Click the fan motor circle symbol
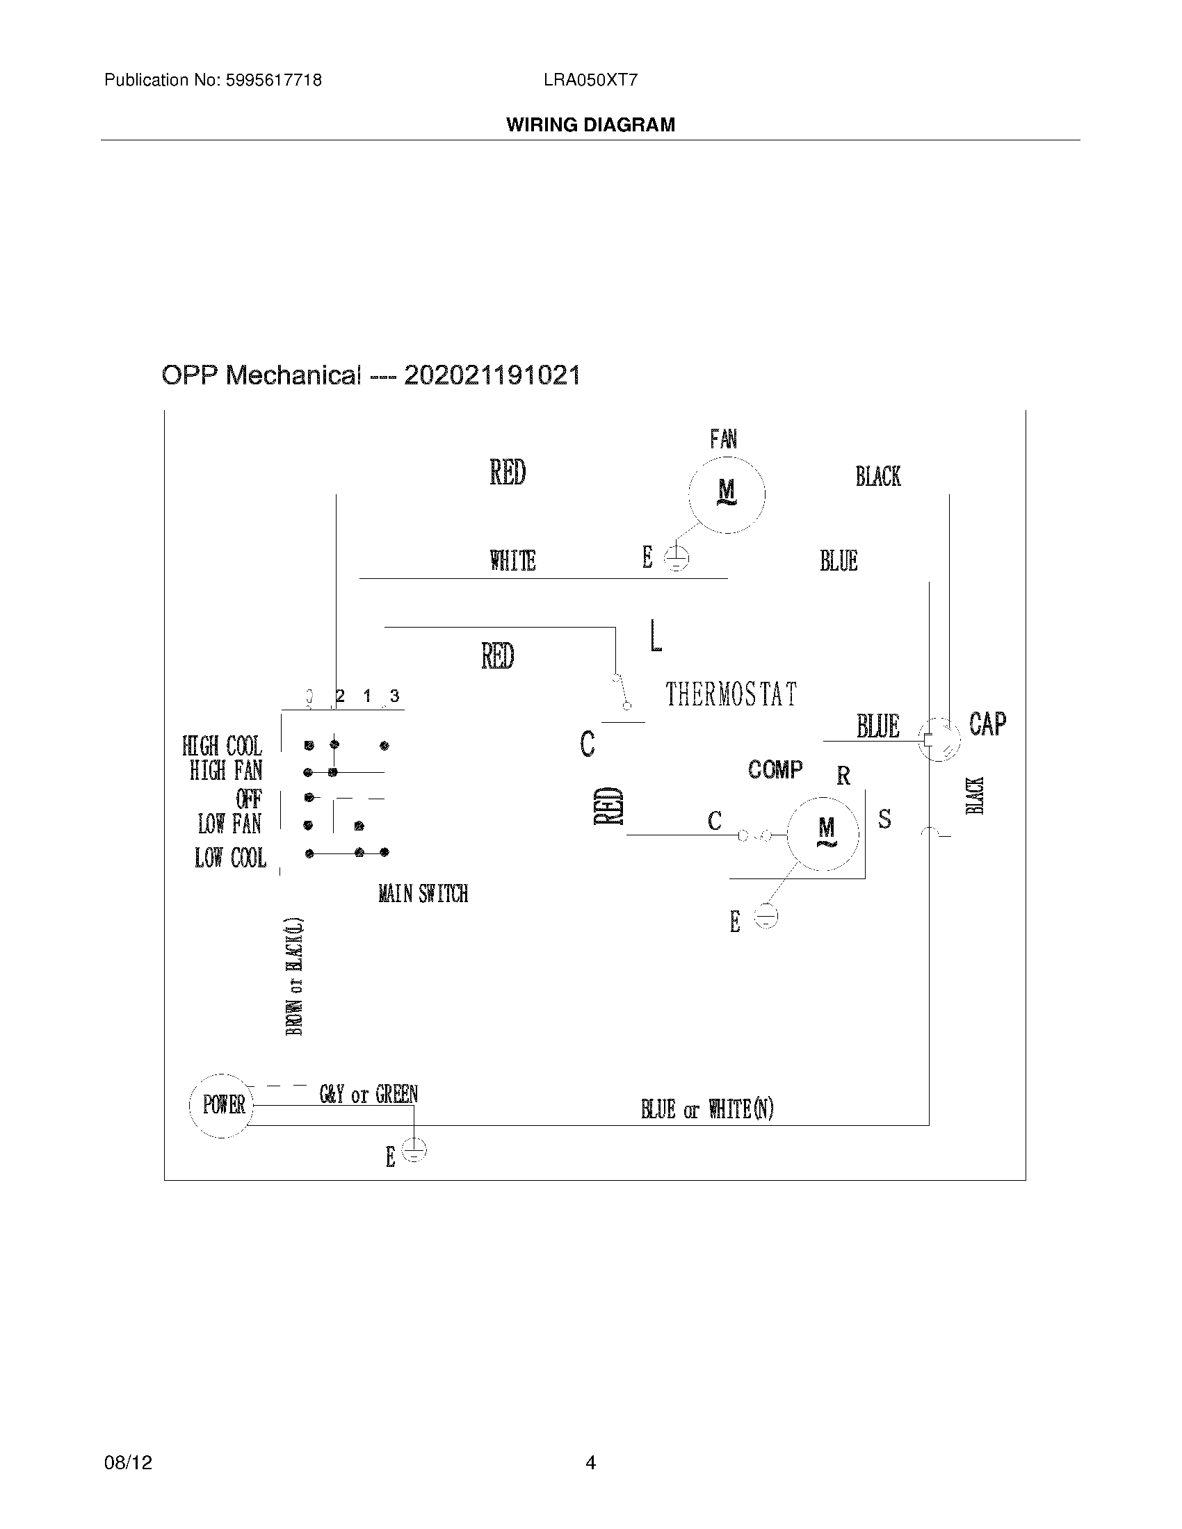pos(727,495)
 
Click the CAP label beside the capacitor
pos(987,724)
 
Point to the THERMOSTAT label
pos(731,694)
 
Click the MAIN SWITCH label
pos(423,894)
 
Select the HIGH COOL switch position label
pos(222,746)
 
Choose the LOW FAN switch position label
pos(229,824)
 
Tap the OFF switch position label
pos(249,799)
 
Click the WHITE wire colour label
pos(512,561)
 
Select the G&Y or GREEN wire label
pos(369,1094)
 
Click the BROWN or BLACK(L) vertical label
pos(295,976)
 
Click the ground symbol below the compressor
pos(767,917)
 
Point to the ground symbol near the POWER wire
pos(414,1151)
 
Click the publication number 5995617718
pos(273,81)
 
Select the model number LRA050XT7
pos(590,81)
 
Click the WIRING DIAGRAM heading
pos(590,125)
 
